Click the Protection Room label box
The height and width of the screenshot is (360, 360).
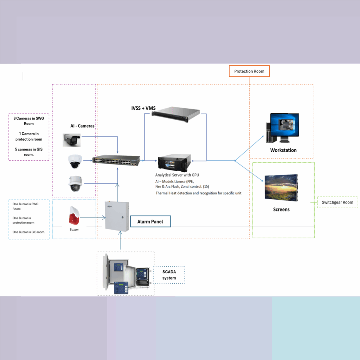(x=249, y=71)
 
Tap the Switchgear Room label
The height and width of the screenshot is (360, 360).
(x=337, y=202)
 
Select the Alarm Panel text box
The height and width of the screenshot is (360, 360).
(x=150, y=222)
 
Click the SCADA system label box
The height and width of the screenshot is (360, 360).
(x=169, y=275)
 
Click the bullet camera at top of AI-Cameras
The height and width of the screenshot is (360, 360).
(x=72, y=140)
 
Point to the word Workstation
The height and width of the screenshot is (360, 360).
(x=283, y=150)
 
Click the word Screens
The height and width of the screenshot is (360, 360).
(x=281, y=210)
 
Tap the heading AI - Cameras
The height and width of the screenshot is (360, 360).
(x=82, y=126)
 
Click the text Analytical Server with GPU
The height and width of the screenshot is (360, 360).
(x=174, y=175)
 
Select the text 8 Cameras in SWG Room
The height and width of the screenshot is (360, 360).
(x=29, y=121)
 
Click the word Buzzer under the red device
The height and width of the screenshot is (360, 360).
(x=74, y=229)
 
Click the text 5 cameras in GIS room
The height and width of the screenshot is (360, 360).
(x=29, y=152)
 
